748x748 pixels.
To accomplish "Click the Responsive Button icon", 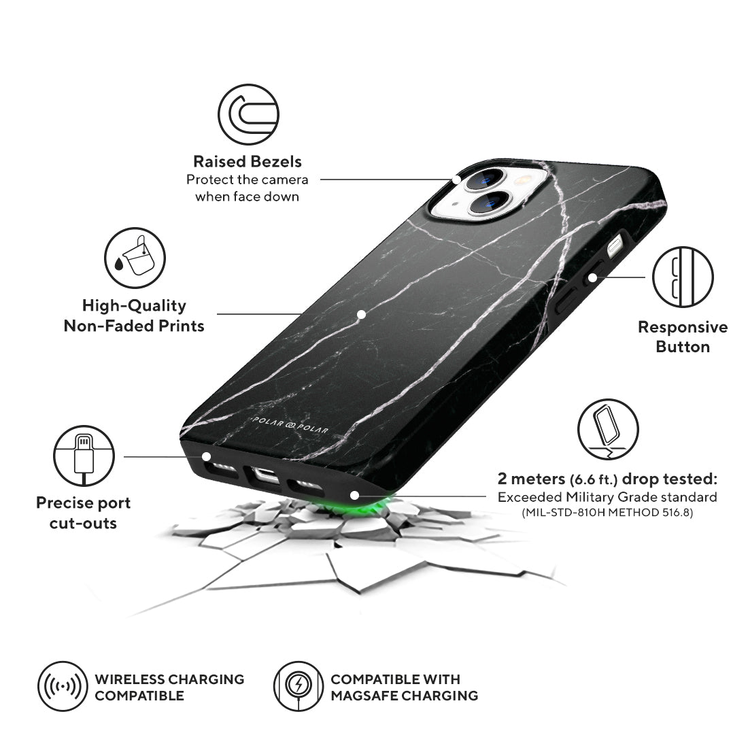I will (x=682, y=277).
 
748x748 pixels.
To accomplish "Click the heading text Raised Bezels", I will (x=248, y=161).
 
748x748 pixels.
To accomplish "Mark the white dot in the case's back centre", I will (x=362, y=314).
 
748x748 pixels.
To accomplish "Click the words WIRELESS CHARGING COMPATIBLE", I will (x=169, y=687).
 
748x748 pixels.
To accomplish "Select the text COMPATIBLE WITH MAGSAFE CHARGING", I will (x=404, y=687).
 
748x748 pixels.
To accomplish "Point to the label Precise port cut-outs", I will (x=83, y=513).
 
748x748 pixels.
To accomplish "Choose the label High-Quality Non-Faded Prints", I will (x=134, y=316).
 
